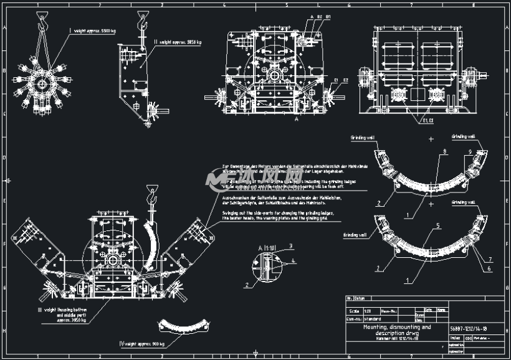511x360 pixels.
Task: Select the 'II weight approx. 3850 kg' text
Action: (181, 42)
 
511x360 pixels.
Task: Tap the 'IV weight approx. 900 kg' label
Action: (144, 344)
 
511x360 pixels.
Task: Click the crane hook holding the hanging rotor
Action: (42, 22)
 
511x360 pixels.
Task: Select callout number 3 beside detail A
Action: (290, 246)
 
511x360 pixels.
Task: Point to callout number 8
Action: (444, 151)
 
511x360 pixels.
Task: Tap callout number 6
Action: (489, 268)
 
